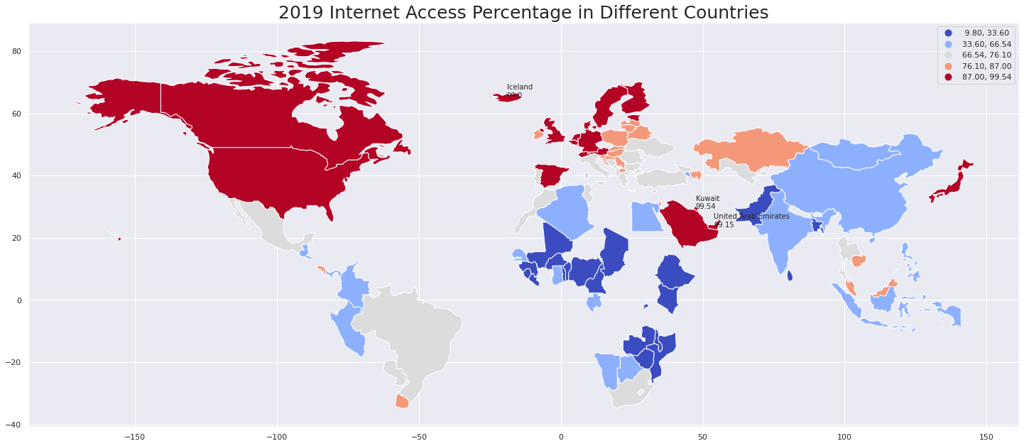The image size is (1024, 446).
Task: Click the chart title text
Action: click(x=523, y=13)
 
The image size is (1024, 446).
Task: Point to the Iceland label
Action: click(x=519, y=87)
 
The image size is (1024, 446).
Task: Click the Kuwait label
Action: click(x=707, y=199)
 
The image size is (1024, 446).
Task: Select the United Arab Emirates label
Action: click(x=751, y=217)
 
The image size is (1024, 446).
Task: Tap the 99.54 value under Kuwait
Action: click(x=705, y=207)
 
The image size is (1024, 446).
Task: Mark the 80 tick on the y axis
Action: click(x=16, y=51)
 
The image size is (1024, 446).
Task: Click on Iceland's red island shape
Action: click(x=508, y=97)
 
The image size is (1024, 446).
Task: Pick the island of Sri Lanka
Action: click(x=790, y=276)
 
